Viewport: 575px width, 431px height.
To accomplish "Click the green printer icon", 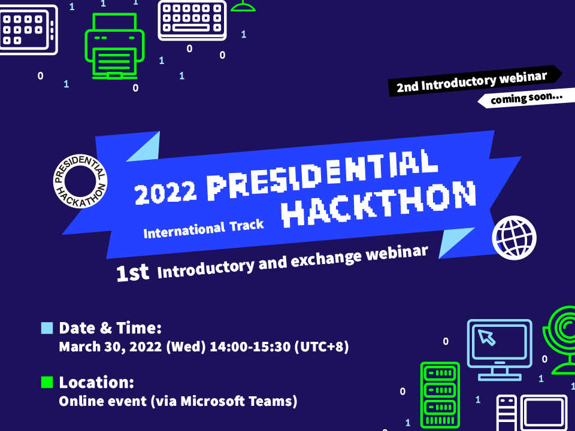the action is (114, 46).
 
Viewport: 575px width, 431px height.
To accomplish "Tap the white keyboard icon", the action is (192, 20).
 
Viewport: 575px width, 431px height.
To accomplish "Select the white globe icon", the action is (514, 238).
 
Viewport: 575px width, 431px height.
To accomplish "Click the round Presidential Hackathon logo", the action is (80, 181).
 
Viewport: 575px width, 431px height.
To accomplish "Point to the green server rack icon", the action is (440, 395).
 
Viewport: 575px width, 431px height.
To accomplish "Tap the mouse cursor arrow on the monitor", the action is (487, 337).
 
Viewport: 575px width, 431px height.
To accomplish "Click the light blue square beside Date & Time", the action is (47, 328).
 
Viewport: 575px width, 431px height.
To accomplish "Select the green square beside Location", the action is (47, 382).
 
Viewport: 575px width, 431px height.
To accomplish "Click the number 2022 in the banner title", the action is (165, 192).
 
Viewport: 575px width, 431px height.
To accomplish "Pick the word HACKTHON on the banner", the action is (379, 204).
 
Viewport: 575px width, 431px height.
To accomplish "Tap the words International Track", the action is (204, 229).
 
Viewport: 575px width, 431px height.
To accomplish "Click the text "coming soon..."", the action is (526, 98).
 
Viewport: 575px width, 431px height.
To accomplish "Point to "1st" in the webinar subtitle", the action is (132, 273).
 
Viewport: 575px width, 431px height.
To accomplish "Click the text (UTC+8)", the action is (322, 347).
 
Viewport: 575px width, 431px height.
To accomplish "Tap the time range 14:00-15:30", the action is (250, 347).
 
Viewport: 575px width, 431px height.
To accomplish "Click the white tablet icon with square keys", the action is (29, 30).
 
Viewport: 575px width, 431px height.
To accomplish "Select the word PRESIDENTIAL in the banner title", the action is (322, 175).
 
